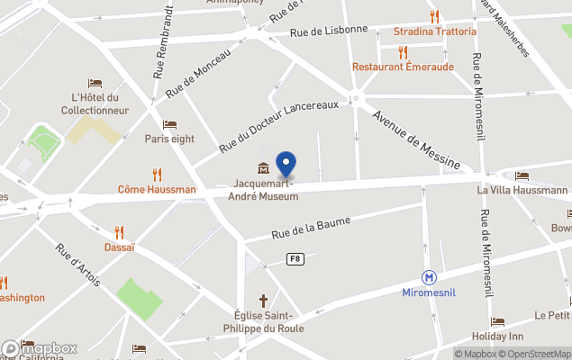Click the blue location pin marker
tap(286, 164)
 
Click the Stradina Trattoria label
tap(435, 31)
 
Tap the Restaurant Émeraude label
tap(403, 67)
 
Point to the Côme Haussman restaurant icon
tap(158, 175)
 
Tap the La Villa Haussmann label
tap(522, 190)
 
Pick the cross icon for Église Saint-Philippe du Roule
tap(265, 300)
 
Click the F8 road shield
tap(294, 259)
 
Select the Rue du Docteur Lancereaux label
tap(278, 127)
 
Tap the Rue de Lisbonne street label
tap(329, 30)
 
